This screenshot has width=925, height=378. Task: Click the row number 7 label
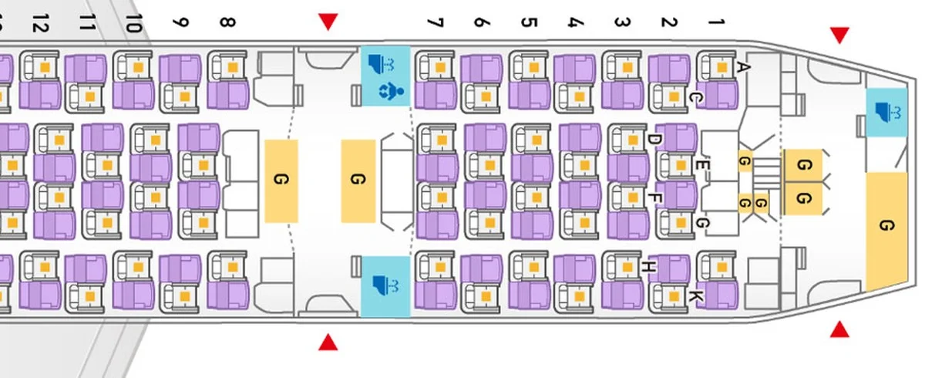pyautogui.click(x=436, y=22)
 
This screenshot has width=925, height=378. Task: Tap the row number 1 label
pyautogui.click(x=716, y=22)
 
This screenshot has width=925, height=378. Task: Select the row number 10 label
pyautogui.click(x=133, y=23)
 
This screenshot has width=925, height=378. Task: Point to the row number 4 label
pyautogui.click(x=574, y=22)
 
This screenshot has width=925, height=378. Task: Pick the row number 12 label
pyautogui.click(x=40, y=23)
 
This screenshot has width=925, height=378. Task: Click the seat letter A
pyautogui.click(x=743, y=67)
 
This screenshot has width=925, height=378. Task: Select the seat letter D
pyautogui.click(x=653, y=140)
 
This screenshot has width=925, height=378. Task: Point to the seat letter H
pyautogui.click(x=648, y=267)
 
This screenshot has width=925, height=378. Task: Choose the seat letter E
pyautogui.click(x=701, y=164)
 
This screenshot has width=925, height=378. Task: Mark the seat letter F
pyautogui.click(x=653, y=198)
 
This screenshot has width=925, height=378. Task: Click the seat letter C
pyautogui.click(x=694, y=97)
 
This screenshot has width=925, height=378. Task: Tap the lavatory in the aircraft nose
pyautogui.click(x=886, y=113)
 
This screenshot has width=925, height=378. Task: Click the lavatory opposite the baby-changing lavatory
pyautogui.click(x=385, y=286)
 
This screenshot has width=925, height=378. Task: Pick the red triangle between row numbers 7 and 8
pyautogui.click(x=328, y=22)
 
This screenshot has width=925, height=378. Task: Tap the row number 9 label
pyautogui.click(x=180, y=23)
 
